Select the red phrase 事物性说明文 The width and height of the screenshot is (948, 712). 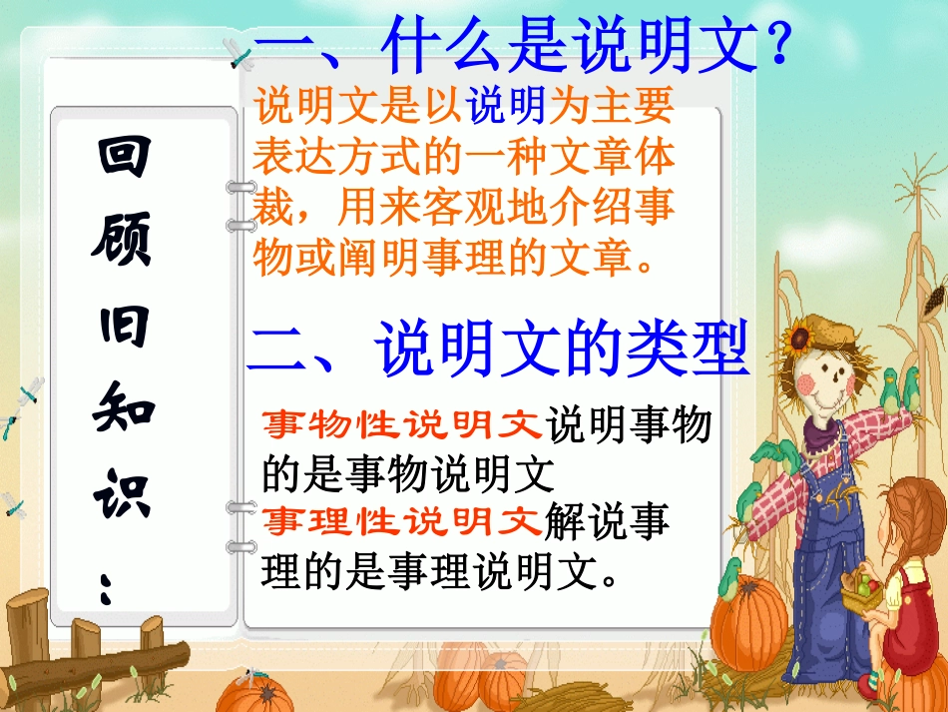[403, 425]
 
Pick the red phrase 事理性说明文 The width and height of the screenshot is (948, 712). [403, 522]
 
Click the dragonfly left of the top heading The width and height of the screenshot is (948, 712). [239, 52]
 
